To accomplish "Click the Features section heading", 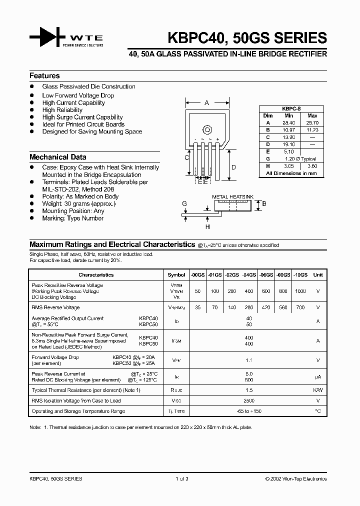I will pos(44,76).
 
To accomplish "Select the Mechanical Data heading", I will pos(57,157).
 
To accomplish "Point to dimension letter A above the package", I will pos(206,103).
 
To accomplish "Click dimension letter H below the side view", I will pos(207,226).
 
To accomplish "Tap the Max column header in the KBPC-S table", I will pos(312,115).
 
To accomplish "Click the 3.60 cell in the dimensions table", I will pos(312,165).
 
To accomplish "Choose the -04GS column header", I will pos(249,275).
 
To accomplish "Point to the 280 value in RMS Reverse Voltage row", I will pos(249,307).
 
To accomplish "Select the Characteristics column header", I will pos(96,275).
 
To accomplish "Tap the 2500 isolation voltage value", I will pos(249,400).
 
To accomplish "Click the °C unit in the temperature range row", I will pos(317,411).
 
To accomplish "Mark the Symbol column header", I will pos(176,275).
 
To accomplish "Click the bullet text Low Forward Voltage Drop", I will pos(78,95).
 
